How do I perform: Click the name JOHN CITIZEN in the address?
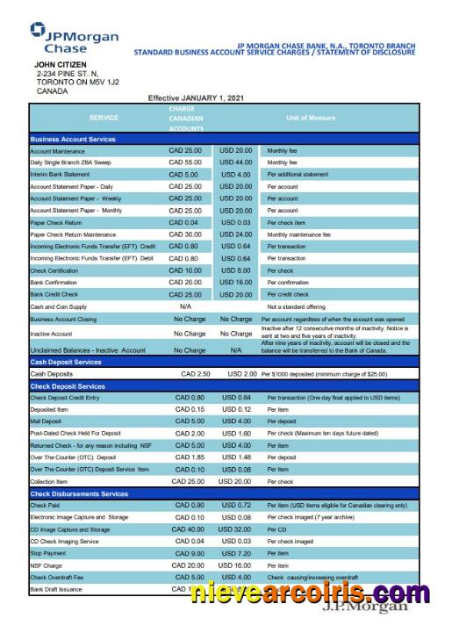click(x=63, y=64)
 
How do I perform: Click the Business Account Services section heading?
click(x=73, y=139)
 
